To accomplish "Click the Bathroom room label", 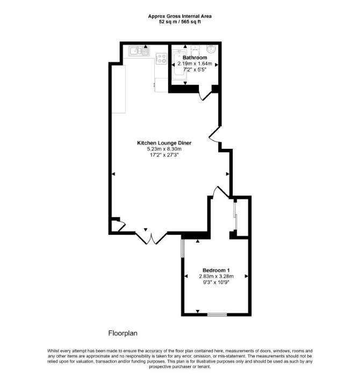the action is [195, 57].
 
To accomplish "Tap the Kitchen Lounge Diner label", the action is [164, 143].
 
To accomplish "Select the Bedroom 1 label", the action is [216, 270].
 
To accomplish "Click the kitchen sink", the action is [139, 51].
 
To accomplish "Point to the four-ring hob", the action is [161, 59].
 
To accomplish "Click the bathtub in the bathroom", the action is [179, 65].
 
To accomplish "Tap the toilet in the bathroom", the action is [195, 50].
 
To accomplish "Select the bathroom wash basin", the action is [212, 49].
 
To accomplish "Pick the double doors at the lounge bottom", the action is [151, 238].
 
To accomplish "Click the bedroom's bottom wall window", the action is [217, 314].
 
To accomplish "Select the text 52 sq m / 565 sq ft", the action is [180, 22].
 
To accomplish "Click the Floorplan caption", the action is [123, 333].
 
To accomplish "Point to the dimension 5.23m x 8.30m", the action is [164, 149].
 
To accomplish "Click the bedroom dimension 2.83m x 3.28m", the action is [216, 276].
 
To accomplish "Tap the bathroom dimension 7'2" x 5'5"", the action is [195, 70].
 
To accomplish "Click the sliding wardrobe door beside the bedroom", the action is [235, 216].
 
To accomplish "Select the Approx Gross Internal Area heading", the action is [180, 16].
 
